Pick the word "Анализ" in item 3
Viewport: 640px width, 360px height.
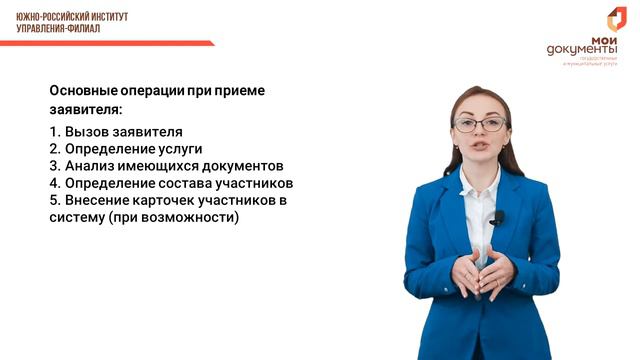tap(91, 166)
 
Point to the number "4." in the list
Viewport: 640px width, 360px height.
tap(54, 183)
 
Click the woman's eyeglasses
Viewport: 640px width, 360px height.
tap(479, 125)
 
